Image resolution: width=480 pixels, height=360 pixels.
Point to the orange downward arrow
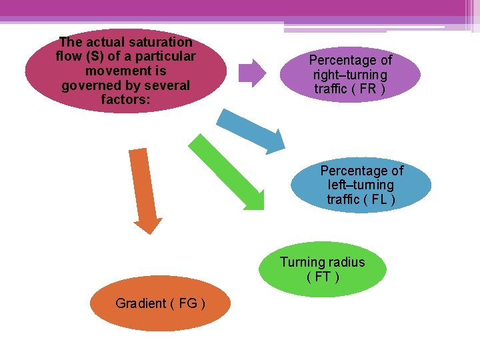click(x=144, y=190)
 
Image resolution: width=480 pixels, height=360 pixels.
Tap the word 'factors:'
click(x=125, y=99)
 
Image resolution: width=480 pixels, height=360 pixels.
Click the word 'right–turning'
click(x=350, y=75)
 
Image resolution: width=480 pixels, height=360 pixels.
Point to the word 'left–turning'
click(x=361, y=185)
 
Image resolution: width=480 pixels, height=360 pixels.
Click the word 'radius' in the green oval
click(x=347, y=262)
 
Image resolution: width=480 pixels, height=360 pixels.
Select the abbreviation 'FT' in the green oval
click(x=322, y=277)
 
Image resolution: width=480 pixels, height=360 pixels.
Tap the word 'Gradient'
click(x=141, y=303)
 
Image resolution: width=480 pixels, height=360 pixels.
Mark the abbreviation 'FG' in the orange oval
click(x=188, y=303)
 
